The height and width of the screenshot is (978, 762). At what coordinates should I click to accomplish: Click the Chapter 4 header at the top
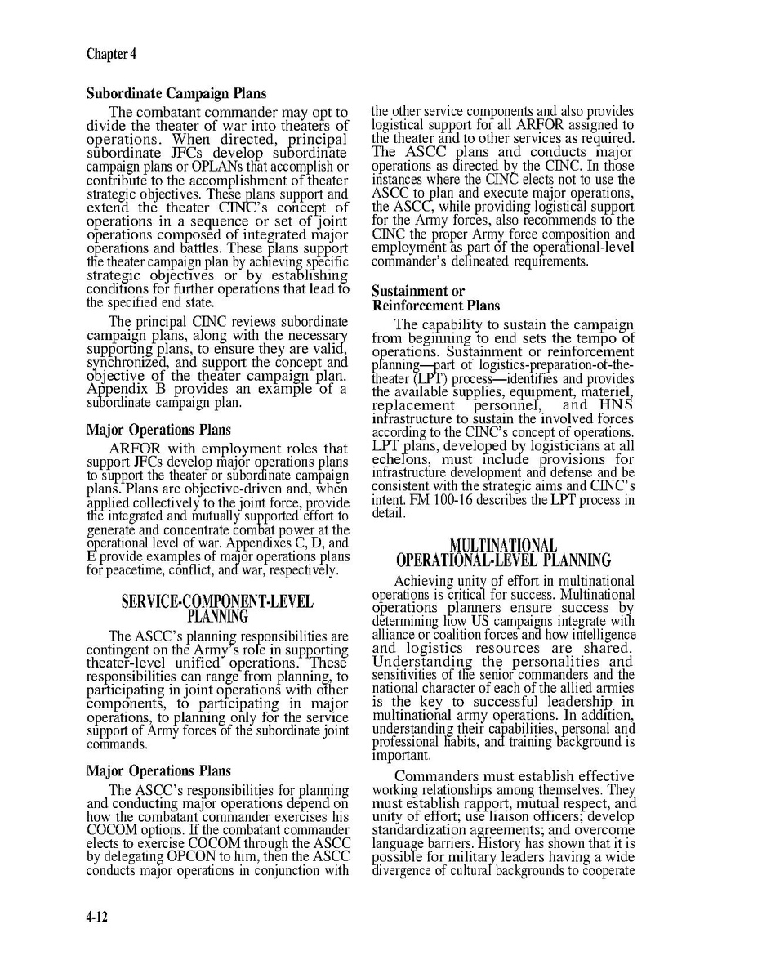tap(111, 55)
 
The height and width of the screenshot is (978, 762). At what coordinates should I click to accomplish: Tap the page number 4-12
tap(97, 918)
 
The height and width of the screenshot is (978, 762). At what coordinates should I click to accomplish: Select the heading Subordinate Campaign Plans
tap(176, 94)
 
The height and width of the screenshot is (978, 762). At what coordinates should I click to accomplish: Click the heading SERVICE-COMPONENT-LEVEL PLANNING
tap(217, 609)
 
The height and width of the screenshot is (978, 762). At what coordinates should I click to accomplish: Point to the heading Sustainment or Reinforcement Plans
tap(435, 298)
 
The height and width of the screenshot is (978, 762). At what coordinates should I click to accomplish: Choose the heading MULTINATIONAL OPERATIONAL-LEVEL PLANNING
tap(503, 552)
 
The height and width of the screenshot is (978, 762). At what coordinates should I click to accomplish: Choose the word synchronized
tap(123, 362)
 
